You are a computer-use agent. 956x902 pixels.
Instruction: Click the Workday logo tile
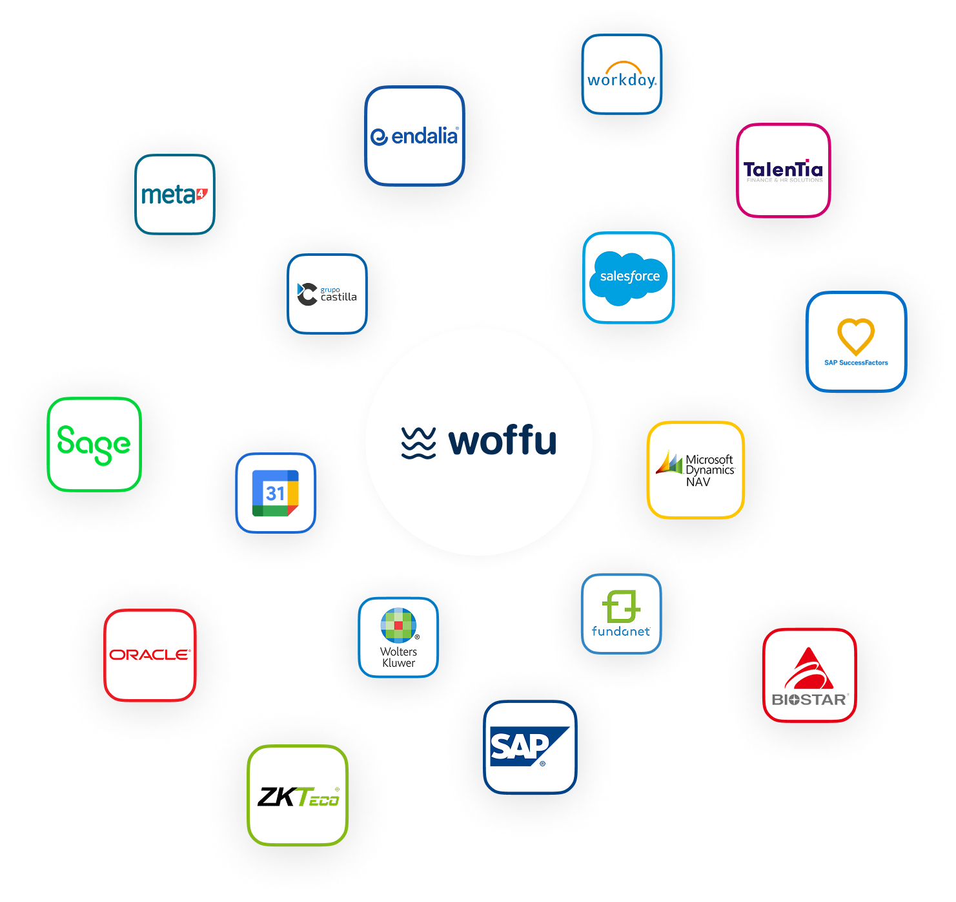pos(622,74)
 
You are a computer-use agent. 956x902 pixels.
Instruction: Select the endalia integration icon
pos(414,136)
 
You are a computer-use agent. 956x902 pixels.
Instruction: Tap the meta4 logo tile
pos(174,194)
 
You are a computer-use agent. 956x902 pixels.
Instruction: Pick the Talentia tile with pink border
pos(783,170)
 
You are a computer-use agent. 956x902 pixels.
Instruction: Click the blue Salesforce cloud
pos(629,277)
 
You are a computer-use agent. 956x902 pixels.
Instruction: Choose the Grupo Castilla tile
pos(327,294)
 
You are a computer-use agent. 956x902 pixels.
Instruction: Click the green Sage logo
pos(94,444)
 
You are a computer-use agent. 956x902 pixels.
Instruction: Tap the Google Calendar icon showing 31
pos(276,493)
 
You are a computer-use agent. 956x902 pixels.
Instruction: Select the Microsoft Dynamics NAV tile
pos(696,470)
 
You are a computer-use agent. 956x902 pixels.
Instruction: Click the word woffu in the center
pos(502,441)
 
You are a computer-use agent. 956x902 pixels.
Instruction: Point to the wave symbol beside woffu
pos(418,443)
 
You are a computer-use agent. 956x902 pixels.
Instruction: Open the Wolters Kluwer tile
pos(398,637)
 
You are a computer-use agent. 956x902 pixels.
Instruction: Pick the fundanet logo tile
pos(621,613)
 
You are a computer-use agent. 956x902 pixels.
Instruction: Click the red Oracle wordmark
pos(150,655)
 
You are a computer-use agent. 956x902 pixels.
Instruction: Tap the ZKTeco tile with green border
pos(298,795)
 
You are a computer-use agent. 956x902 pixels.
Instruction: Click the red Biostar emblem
pos(809,669)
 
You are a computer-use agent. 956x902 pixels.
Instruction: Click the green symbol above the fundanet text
pos(621,606)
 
